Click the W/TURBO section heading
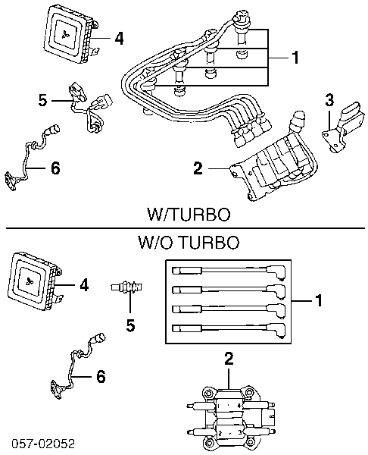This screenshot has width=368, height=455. [x=189, y=215]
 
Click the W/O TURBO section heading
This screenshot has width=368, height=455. [x=189, y=243]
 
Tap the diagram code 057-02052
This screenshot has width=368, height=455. [x=43, y=444]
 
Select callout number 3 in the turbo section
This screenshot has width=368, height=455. [x=329, y=100]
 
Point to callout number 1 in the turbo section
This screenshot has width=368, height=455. [x=295, y=58]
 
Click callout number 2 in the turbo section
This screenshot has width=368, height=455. [x=198, y=168]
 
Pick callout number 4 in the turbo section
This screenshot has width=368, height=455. [x=119, y=39]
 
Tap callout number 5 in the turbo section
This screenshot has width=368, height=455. [x=42, y=100]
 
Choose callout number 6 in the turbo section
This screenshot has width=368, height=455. [x=55, y=168]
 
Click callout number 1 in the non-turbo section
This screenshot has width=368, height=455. [x=319, y=300]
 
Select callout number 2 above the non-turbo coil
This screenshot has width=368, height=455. [x=229, y=359]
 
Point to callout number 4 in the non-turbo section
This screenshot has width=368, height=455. [x=84, y=286]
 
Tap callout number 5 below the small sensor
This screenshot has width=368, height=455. [x=131, y=325]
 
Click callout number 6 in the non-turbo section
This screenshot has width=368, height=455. [x=101, y=377]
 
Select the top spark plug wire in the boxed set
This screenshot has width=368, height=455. [x=229, y=271]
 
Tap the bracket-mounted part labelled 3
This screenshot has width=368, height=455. [x=342, y=127]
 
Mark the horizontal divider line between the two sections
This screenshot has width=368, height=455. [x=186, y=228]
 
